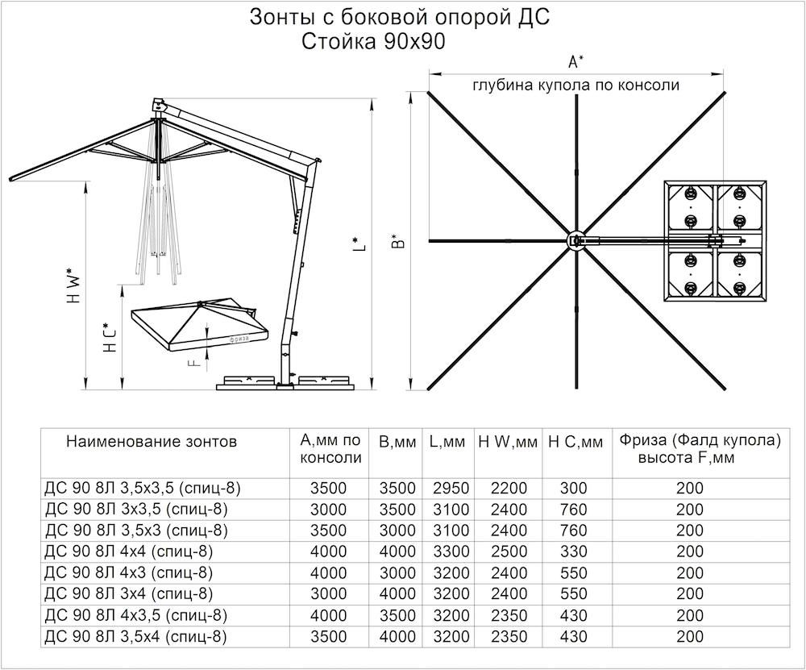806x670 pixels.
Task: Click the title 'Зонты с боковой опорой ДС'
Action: (x=400, y=18)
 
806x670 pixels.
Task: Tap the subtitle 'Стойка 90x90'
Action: (x=372, y=42)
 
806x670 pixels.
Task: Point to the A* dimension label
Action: (x=575, y=62)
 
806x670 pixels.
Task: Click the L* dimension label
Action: (x=359, y=243)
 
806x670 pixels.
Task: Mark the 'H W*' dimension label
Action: (x=73, y=286)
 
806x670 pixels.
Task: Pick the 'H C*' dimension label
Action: (x=110, y=338)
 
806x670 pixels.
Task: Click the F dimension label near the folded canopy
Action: (x=193, y=363)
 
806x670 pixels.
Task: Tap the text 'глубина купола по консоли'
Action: (x=575, y=85)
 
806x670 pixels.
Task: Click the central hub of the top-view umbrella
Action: (x=575, y=240)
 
